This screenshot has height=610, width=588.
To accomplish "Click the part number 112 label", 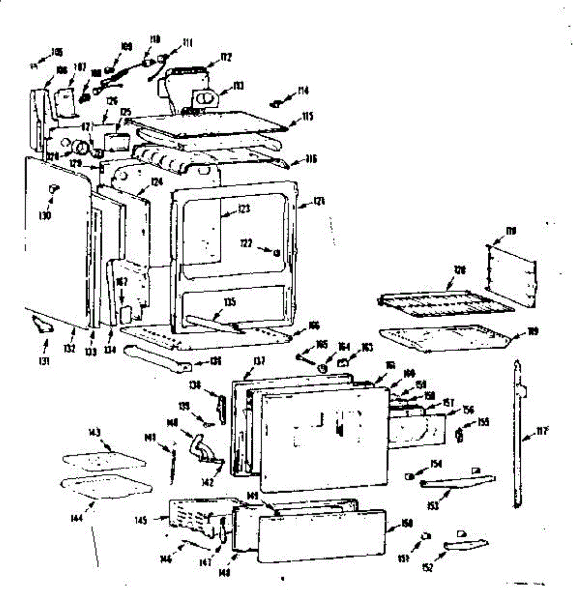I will pos(226,58).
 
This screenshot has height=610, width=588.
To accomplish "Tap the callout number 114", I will pos(303,91).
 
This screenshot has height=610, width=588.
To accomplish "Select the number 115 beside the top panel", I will pos(307,116).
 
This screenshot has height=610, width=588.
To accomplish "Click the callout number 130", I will pos(45,216).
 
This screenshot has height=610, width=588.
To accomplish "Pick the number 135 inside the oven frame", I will pos(229,302).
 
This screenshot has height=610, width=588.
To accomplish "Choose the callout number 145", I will pos(155,520).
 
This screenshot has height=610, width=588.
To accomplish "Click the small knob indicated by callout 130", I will pos(52,189).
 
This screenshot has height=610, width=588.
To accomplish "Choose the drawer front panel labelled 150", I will pos(321,536).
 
